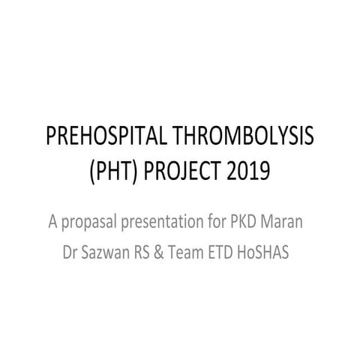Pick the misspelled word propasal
point(96,222)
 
